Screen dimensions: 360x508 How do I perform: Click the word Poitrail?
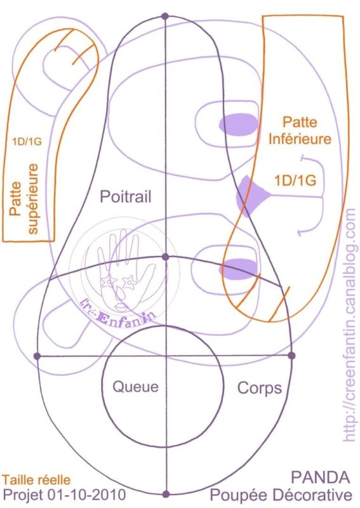126,196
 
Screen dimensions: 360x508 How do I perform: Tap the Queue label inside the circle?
135,387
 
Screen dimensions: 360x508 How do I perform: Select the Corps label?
260,388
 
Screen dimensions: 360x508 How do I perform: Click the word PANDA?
321,478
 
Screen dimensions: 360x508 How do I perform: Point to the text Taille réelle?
36,479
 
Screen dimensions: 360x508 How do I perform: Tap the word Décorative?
312,495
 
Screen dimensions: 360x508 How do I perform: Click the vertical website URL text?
349,324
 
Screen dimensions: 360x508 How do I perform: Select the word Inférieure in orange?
300,139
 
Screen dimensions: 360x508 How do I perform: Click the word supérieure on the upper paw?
33,198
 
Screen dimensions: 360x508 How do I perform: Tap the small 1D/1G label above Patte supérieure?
27,141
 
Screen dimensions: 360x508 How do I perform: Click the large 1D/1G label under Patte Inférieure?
295,180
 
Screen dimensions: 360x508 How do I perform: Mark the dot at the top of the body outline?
165,16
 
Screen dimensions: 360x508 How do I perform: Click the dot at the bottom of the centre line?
166,494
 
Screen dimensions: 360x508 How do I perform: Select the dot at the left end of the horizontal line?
37,356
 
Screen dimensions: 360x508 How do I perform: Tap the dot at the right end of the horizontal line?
291,356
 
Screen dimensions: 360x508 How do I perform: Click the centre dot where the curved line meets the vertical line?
166,257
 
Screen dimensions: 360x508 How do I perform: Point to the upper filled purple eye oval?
239,124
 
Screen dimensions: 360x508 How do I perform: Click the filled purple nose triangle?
251,196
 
